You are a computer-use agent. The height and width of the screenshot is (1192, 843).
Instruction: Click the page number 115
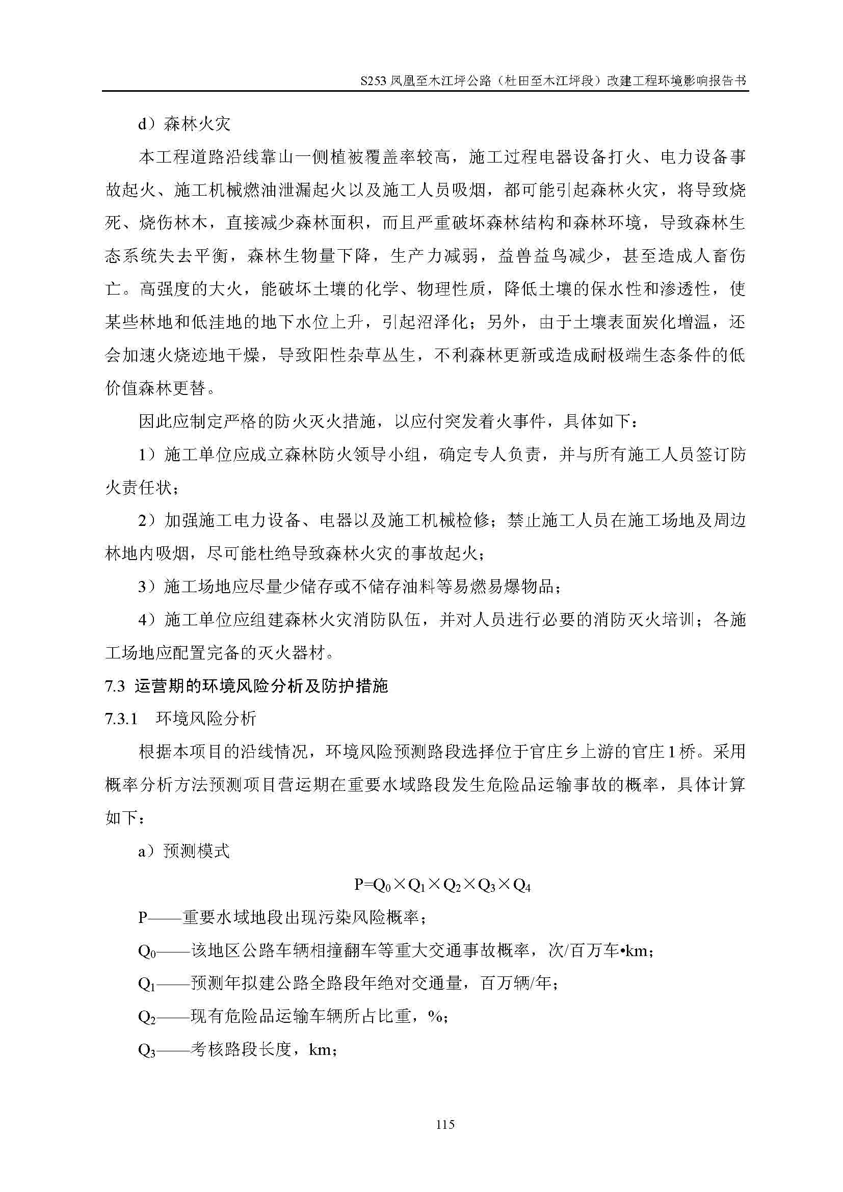(445, 1125)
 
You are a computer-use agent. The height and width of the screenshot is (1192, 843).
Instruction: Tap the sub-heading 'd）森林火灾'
(185, 123)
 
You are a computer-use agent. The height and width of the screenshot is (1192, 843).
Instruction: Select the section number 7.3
(115, 686)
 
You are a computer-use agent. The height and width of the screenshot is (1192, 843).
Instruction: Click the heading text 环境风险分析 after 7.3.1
(206, 719)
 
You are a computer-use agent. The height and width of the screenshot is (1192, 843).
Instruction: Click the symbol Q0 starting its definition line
(147, 951)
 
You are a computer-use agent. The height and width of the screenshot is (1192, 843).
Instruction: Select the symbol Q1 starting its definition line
(147, 984)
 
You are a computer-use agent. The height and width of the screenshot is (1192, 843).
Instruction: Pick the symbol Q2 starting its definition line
(147, 1017)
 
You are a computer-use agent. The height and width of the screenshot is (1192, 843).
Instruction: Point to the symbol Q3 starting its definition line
(147, 1050)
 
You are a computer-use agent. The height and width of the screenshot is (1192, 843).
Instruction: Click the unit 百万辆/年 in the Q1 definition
(516, 983)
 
